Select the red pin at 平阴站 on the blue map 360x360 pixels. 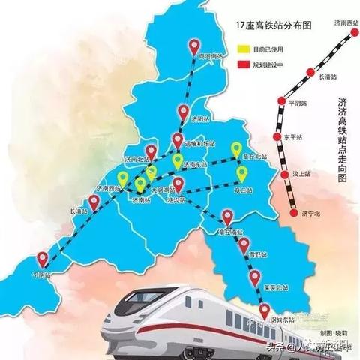(x=43, y=258)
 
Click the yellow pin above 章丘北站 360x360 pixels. (x=237, y=148)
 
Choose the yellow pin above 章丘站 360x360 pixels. (x=241, y=174)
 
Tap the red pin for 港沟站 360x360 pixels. (x=178, y=183)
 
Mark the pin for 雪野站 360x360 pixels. (x=244, y=244)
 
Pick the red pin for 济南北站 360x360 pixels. (x=151, y=152)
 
